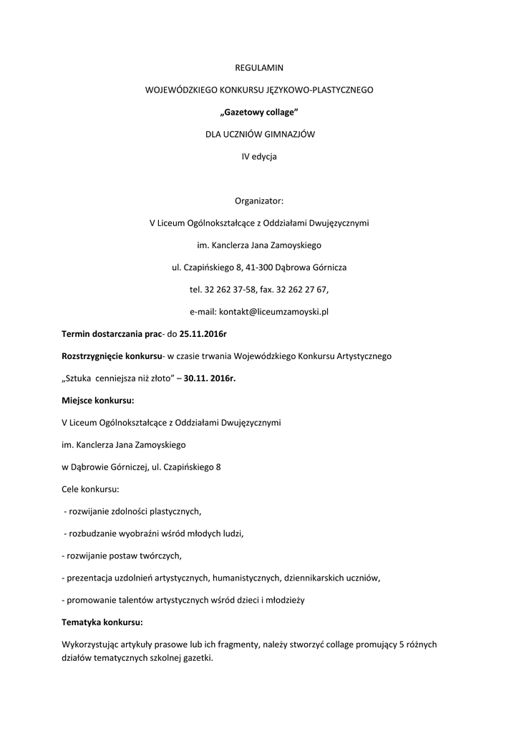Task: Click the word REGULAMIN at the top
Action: [259, 68]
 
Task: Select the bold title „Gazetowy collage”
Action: [259, 112]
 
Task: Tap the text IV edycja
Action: [259, 156]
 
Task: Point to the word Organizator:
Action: [259, 200]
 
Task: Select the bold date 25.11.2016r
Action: [203, 334]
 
